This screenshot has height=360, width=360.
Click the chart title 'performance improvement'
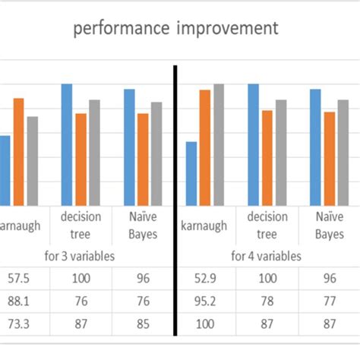click(x=175, y=29)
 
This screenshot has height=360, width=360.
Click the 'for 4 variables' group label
click(x=266, y=256)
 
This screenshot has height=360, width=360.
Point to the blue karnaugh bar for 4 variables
click(x=191, y=172)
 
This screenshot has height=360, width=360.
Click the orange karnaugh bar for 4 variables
click(x=204, y=147)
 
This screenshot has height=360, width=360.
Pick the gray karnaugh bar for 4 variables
click(x=219, y=144)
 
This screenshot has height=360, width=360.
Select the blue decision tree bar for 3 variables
click(x=67, y=144)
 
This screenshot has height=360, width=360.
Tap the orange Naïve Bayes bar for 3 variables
click(x=142, y=159)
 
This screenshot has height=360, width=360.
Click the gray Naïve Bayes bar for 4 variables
click(x=343, y=152)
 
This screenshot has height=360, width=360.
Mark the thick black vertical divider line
click(x=176, y=197)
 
